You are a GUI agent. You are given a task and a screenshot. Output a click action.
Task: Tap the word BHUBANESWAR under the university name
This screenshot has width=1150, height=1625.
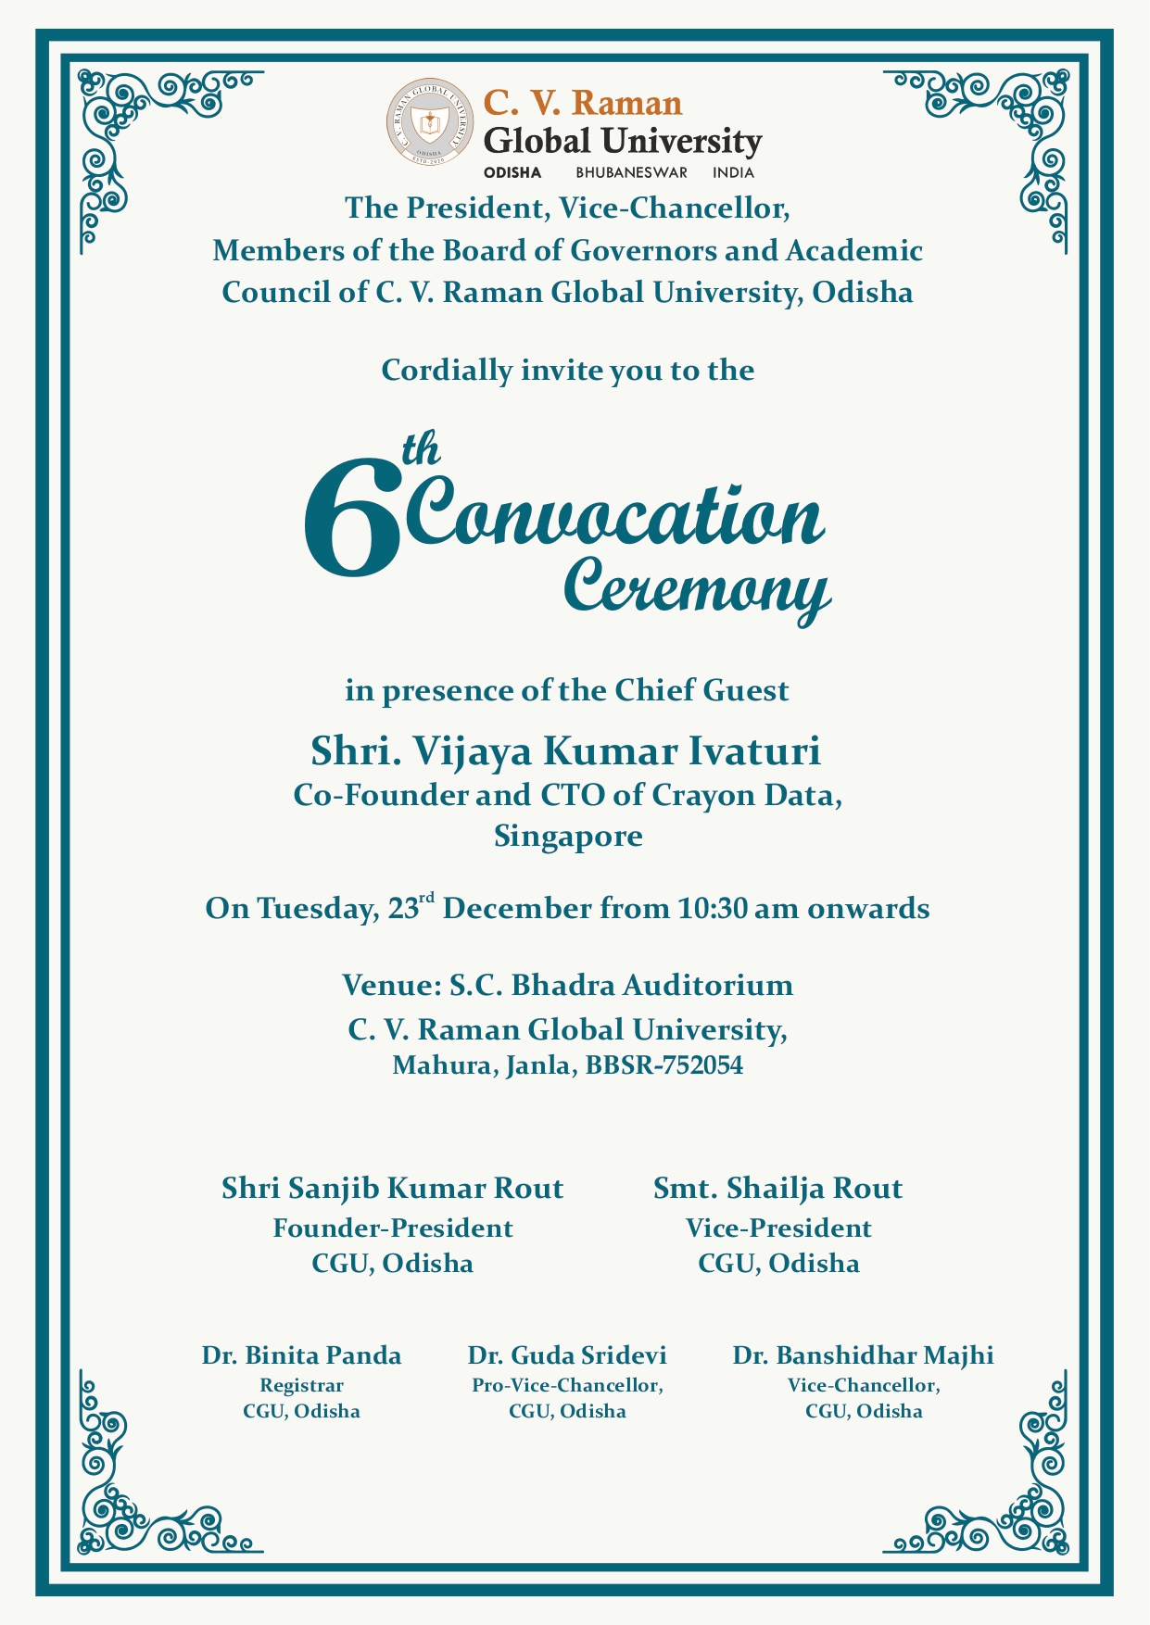click(631, 172)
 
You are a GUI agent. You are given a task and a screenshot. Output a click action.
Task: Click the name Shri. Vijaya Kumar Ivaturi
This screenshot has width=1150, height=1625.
click(565, 750)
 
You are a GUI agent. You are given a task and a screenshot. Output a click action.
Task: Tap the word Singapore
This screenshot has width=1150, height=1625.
click(568, 837)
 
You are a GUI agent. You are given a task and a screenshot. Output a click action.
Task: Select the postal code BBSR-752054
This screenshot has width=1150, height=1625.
click(664, 1065)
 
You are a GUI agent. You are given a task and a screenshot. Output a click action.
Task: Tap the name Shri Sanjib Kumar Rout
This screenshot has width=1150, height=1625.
click(392, 1188)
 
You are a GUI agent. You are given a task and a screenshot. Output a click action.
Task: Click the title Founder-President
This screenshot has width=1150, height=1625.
click(392, 1228)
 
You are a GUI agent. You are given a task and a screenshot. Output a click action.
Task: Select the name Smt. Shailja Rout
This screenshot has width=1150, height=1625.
click(777, 1188)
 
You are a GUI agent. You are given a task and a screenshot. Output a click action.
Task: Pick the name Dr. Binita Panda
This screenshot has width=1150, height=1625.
click(301, 1355)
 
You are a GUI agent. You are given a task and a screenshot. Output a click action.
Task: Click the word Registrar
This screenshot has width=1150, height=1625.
click(301, 1386)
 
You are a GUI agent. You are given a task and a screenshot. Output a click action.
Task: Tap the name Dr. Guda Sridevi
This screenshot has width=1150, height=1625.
click(567, 1355)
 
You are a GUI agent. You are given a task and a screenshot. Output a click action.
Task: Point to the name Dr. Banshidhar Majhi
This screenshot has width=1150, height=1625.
click(863, 1355)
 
